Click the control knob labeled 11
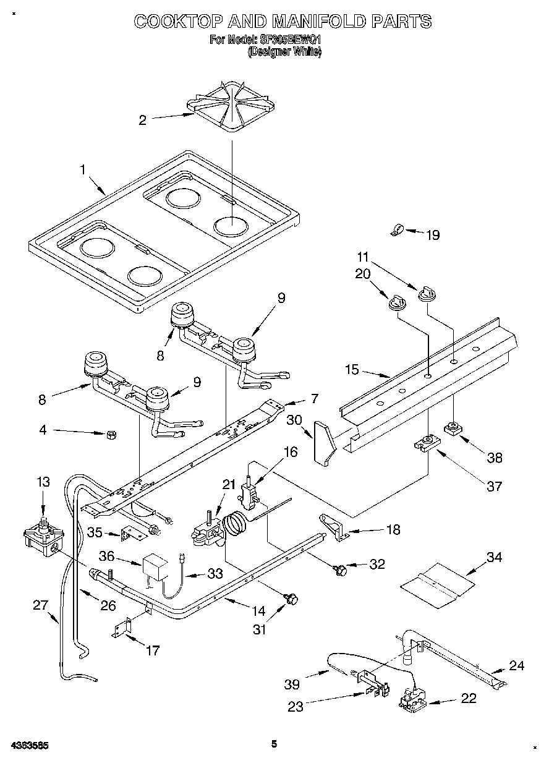pyautogui.click(x=425, y=294)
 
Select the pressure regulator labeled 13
pyautogui.click(x=41, y=535)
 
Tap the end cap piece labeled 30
pyautogui.click(x=323, y=441)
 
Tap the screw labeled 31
pyautogui.click(x=292, y=598)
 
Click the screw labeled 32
pyautogui.click(x=339, y=568)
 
